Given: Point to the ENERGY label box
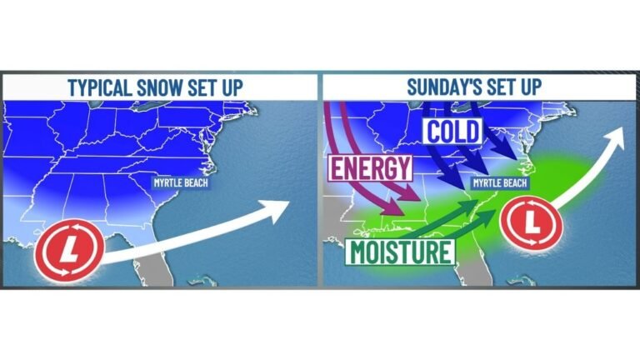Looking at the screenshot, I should tap(370, 167).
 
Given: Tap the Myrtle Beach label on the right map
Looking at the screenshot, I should tap(501, 182).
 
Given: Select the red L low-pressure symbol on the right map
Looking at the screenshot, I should tap(530, 222).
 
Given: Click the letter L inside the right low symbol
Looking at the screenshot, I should tap(530, 222).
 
